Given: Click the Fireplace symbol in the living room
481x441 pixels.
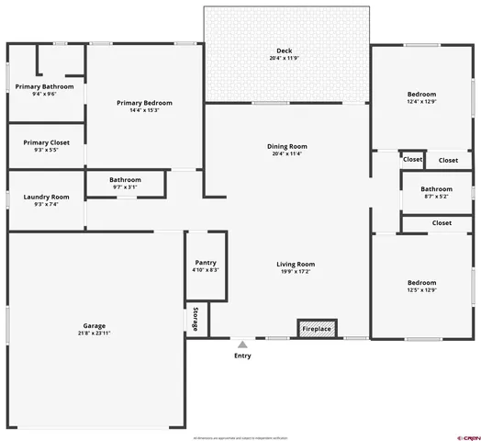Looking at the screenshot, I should coord(316,328).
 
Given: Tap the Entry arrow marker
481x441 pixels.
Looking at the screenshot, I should coord(242,342).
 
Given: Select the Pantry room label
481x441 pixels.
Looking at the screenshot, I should coord(205,262).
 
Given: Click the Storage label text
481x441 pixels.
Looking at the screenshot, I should coord(196,319).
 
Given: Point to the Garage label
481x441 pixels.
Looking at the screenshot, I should coord(95,325).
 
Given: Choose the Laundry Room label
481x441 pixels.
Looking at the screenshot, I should coord(47,197).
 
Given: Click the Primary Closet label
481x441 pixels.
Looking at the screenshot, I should coord(47,142).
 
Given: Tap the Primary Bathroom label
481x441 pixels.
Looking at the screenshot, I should coord(45,86).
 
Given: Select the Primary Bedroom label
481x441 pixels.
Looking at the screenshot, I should coord(144,103).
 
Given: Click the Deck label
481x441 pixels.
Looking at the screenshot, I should coord(285,50).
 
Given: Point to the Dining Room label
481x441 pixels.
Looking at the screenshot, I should coord(286,146).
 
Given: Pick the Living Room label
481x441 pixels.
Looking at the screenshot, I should coord(296,265).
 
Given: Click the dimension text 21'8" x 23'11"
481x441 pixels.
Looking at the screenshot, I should coord(95,334).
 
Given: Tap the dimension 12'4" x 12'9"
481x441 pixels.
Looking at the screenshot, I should coord(421,102).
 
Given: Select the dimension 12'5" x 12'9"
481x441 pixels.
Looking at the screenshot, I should coord(421,290).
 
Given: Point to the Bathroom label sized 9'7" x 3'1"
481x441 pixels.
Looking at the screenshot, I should coord(125,179).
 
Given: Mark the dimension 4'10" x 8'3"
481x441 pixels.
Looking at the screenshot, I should coord(205,270).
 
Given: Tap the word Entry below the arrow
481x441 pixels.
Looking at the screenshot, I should coord(242,355).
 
